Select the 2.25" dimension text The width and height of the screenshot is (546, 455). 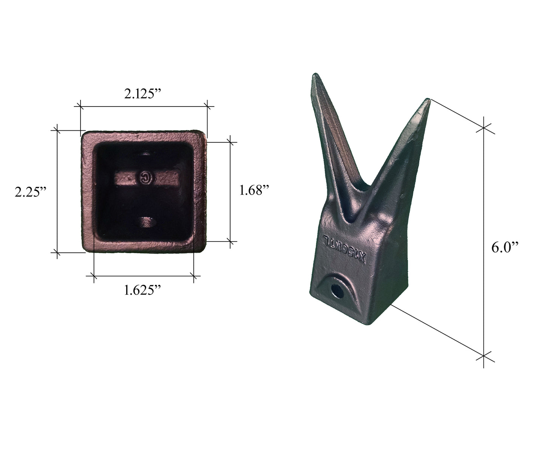(x=31, y=192)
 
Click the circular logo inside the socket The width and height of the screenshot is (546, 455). (x=145, y=178)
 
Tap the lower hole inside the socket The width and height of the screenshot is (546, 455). (x=146, y=222)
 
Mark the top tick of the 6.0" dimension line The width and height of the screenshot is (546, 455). (x=484, y=128)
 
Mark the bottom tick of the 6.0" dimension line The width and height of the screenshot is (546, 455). (x=484, y=356)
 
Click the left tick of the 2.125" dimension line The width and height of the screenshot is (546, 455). (x=80, y=106)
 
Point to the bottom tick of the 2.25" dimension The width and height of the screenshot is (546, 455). (x=57, y=252)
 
